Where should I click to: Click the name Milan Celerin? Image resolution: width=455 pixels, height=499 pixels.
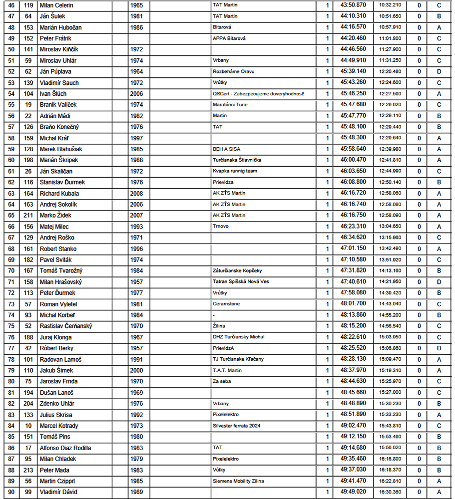click(56, 5)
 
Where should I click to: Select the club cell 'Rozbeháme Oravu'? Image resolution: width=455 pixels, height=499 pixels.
click(233, 72)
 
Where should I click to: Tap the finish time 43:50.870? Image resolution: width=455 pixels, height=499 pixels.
click(353, 5)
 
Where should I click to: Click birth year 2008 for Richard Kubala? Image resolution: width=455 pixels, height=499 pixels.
click(136, 194)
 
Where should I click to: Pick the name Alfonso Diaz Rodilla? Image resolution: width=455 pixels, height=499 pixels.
click(65, 448)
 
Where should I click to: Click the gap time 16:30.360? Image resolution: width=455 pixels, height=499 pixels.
click(390, 492)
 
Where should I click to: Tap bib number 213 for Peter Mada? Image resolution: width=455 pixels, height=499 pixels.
click(28, 470)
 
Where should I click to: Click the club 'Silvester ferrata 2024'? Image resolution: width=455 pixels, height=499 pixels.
click(237, 426)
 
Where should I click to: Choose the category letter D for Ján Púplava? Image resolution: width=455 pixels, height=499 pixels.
click(439, 72)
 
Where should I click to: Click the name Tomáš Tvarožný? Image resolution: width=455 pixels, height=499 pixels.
click(61, 271)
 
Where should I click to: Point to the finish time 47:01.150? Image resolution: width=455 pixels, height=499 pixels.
click(353, 249)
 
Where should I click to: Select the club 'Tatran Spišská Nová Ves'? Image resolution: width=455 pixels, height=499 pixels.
click(241, 282)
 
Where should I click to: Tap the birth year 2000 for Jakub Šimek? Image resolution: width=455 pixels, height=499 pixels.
click(136, 371)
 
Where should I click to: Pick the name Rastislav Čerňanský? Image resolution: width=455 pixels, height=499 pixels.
click(65, 326)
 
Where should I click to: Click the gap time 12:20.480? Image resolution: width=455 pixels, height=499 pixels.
click(390, 72)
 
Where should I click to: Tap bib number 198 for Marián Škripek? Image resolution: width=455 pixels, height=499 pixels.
click(28, 160)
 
